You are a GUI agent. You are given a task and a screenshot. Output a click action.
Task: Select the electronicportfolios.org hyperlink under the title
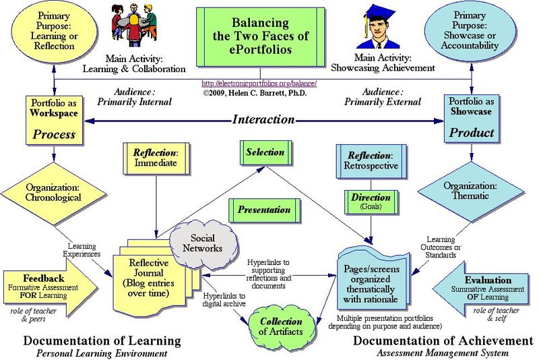click(x=259, y=84)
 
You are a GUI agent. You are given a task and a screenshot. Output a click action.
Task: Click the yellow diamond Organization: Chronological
click(x=53, y=192)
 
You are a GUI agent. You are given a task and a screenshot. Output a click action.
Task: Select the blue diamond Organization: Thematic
click(x=471, y=191)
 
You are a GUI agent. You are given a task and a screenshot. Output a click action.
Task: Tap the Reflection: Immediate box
click(x=156, y=158)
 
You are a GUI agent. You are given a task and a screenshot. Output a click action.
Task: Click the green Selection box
click(x=265, y=152)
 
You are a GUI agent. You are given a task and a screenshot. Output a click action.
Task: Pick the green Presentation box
click(x=263, y=210)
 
